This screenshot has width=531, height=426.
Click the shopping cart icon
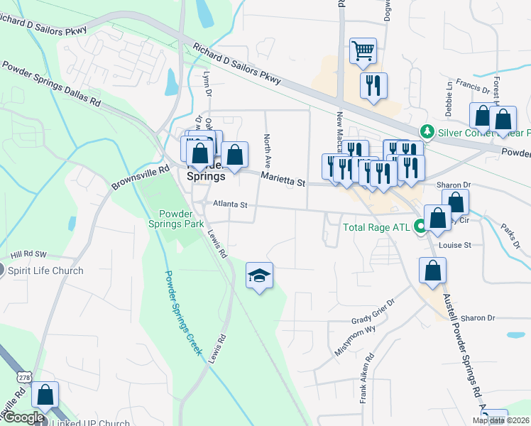pyautogui.click(x=363, y=50)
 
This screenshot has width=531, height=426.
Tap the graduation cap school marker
pyautogui.click(x=259, y=275)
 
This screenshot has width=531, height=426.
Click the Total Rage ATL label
pyautogui.click(x=376, y=228)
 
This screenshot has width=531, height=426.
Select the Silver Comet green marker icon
pyautogui.click(x=427, y=131)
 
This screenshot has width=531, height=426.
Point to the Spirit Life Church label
pyautogui.click(x=45, y=271)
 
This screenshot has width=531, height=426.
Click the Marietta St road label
pyautogui.click(x=282, y=180)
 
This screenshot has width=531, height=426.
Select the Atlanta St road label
pyautogui.click(x=229, y=204)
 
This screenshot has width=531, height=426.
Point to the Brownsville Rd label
pyautogui.click(x=140, y=178)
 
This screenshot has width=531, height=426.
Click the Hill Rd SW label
pyautogui.click(x=28, y=253)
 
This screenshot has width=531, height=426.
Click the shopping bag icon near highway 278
pyautogui.click(x=45, y=395)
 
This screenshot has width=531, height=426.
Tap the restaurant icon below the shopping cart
pyautogui.click(x=373, y=86)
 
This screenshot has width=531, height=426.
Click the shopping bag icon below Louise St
pyautogui.click(x=432, y=271)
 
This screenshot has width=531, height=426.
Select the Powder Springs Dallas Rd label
pyautogui.click(x=51, y=84)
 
